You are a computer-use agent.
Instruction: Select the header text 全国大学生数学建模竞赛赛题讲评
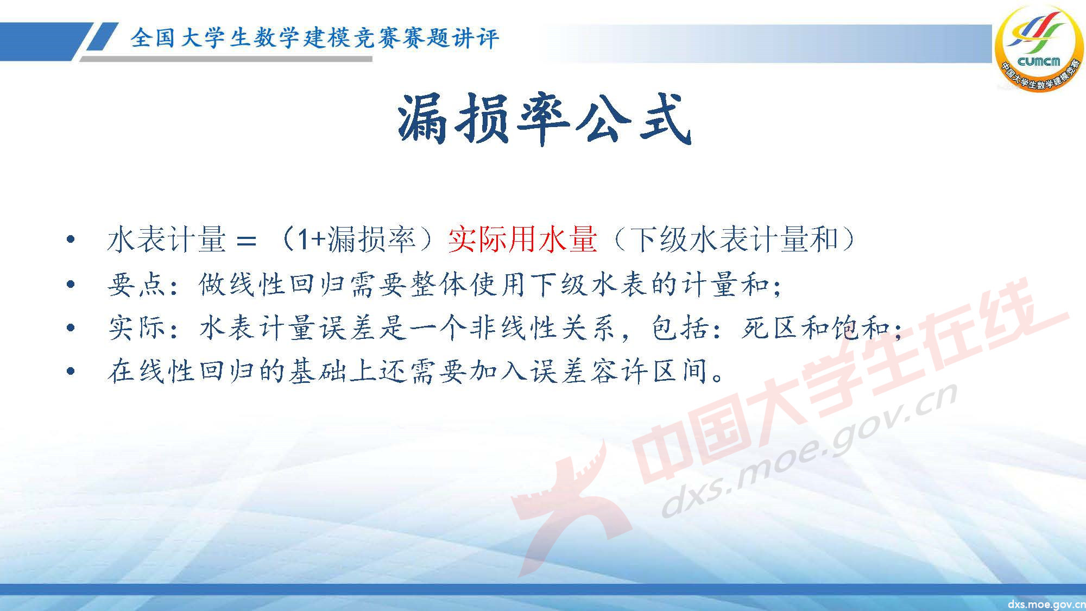(x=314, y=38)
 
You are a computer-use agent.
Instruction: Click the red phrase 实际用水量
(x=522, y=239)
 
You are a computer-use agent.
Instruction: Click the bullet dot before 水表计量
(x=70, y=240)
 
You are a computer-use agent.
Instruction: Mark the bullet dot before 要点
(x=70, y=285)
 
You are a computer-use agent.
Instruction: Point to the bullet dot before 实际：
(x=70, y=328)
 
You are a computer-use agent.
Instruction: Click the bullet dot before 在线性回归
(x=70, y=372)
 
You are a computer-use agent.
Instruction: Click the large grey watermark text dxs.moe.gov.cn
(x=809, y=451)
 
